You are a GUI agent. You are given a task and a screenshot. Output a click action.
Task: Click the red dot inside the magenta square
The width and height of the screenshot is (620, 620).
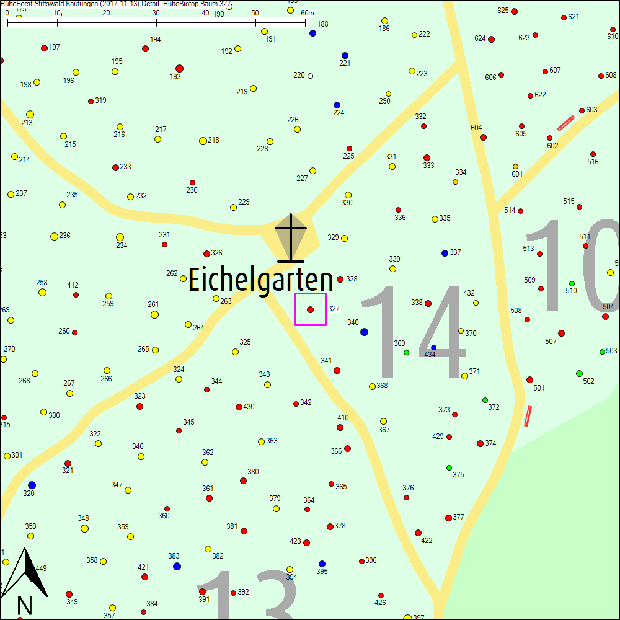310,309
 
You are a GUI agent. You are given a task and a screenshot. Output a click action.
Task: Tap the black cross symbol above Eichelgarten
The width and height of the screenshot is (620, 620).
291,237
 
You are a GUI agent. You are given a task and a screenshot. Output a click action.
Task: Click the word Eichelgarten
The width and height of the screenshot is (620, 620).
260,280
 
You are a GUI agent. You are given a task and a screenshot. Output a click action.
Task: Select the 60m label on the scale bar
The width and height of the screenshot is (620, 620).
308,13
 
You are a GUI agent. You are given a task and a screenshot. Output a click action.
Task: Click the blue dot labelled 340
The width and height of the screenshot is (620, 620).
364,332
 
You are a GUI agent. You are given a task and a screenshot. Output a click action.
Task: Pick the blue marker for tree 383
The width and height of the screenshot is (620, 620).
177,566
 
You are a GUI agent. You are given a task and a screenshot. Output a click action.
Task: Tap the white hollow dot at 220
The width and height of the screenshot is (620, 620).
310,76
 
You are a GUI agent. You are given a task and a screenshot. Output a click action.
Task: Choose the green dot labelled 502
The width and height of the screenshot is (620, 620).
579,373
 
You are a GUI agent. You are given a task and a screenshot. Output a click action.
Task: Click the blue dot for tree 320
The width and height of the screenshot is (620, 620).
32,485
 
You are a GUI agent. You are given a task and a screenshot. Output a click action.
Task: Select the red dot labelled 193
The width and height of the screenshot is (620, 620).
179,68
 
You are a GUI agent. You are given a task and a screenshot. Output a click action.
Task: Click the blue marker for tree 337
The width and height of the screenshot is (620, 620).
445,253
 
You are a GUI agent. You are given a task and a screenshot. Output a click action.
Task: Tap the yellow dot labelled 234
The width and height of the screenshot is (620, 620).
120,237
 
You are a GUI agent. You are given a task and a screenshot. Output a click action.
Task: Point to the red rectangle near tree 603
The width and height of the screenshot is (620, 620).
565,123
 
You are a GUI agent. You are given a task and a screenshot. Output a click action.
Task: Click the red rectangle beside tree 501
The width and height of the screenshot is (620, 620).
528,415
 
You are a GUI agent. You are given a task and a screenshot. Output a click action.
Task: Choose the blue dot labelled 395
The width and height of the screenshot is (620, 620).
322,564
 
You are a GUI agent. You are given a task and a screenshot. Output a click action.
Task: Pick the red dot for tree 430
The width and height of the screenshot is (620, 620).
239,407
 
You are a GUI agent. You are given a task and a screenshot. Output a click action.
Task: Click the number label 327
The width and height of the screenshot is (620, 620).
334,308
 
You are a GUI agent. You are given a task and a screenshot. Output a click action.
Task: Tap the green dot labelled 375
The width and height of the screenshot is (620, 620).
449,467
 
